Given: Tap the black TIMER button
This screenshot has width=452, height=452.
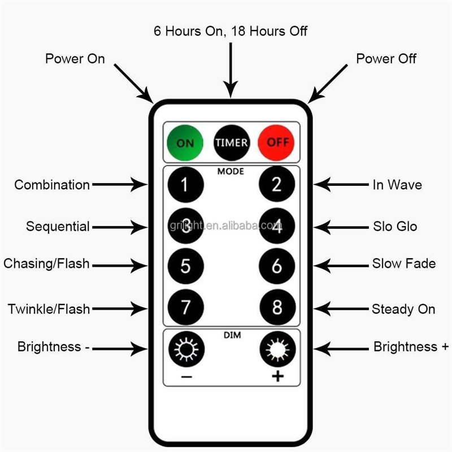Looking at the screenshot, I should point(231,142).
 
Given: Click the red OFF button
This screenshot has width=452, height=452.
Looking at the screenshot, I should point(277,142).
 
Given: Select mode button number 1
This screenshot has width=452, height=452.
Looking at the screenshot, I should point(185,185).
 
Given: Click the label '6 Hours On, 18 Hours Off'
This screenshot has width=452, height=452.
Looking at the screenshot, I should point(231,31).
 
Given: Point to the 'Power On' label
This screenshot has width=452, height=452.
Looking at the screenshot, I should point(75,59).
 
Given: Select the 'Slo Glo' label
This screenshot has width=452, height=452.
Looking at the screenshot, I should point(394,227).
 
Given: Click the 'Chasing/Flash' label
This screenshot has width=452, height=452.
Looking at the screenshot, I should point(46,264).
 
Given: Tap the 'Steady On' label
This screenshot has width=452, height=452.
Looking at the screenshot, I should point(403,309).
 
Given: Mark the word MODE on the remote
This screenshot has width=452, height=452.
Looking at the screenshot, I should point(231,171).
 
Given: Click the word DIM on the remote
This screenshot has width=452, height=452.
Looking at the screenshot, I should point(231,336).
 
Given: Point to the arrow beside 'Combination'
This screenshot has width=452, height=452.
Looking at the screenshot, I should point(119,184).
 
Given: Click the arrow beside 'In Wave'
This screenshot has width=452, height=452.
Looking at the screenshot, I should point(341,184).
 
